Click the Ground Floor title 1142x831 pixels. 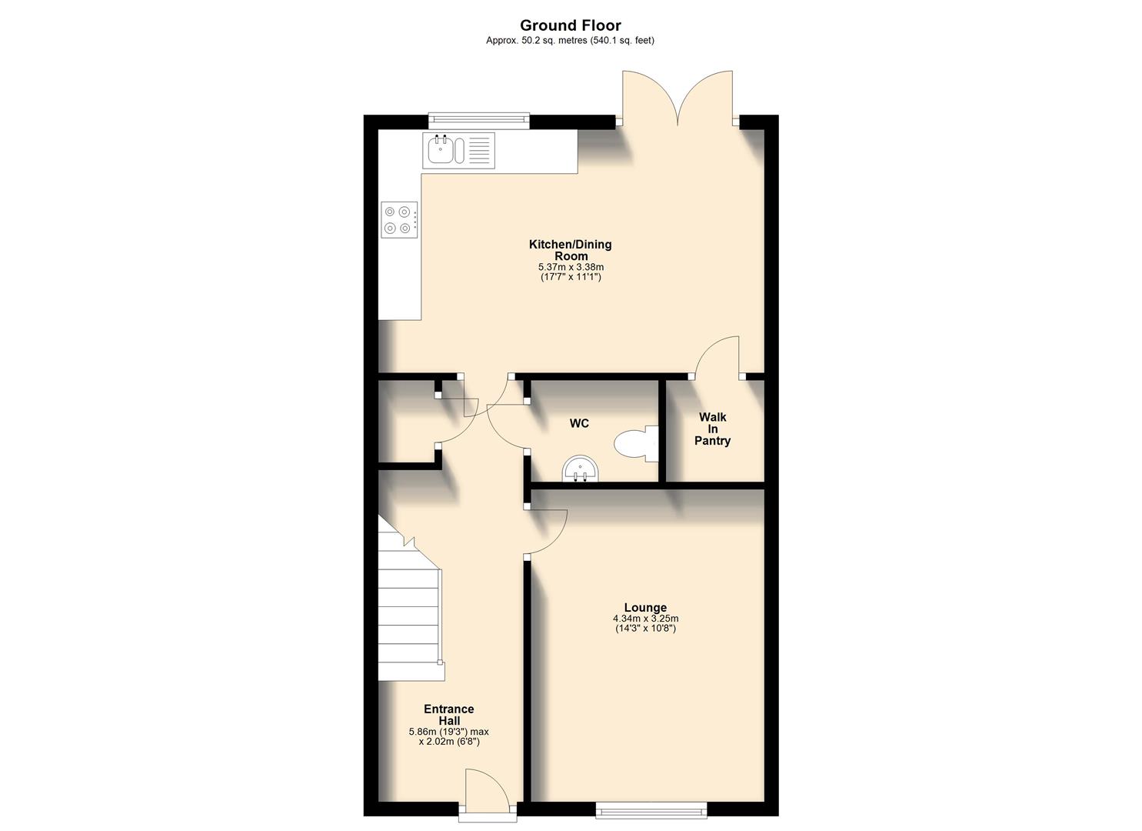(570, 25)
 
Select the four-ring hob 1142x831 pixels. (399, 219)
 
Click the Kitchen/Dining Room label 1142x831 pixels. (570, 250)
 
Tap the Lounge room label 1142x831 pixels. (645, 608)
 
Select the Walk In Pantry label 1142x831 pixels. (712, 429)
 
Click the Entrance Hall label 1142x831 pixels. (448, 715)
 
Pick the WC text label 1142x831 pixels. (579, 423)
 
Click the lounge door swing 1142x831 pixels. (548, 532)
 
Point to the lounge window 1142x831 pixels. (651, 808)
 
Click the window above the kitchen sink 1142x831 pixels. (478, 119)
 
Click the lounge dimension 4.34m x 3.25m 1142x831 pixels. (645, 619)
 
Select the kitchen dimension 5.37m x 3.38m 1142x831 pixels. (570, 267)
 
